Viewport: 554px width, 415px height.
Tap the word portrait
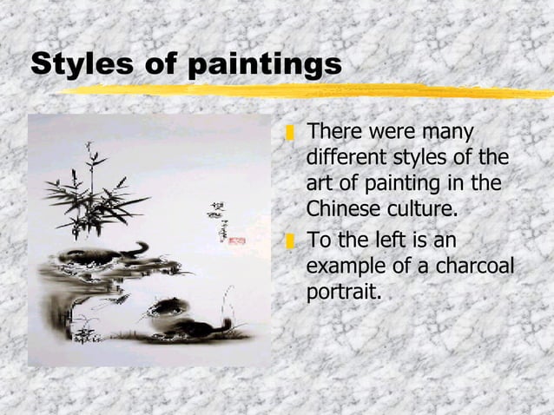(x=343, y=292)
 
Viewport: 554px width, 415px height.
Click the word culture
(x=425, y=209)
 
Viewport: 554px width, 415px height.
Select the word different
(x=346, y=160)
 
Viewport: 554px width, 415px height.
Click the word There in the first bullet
(x=334, y=133)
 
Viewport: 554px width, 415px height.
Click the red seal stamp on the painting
(x=236, y=240)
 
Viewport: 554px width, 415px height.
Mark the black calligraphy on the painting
(x=214, y=221)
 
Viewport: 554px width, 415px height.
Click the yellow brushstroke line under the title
(x=304, y=90)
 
